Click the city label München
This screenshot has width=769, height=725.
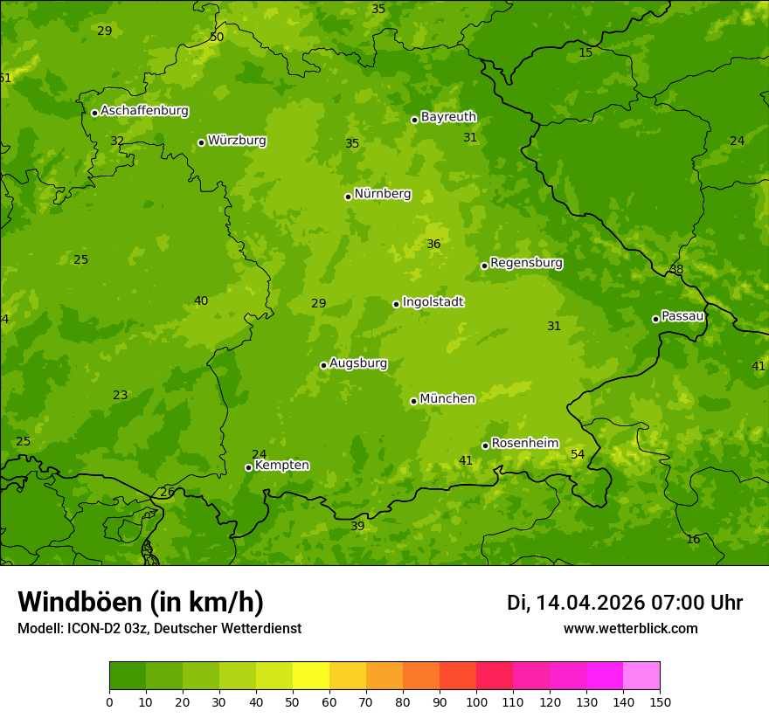[x=447, y=399]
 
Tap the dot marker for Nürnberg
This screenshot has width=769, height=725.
[x=348, y=197]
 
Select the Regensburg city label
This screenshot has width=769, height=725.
[x=526, y=263]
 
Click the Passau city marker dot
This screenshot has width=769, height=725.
[x=655, y=319]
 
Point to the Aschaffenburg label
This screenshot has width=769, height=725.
[x=144, y=111]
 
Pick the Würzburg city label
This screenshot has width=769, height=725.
[x=236, y=141]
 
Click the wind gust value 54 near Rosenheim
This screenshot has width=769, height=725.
[x=578, y=454]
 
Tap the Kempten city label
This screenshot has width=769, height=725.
[x=281, y=466]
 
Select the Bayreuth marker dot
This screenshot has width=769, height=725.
[x=414, y=120]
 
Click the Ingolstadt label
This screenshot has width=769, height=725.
[x=433, y=302]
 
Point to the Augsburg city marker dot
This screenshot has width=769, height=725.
[x=323, y=365]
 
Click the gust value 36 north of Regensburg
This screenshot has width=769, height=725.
[x=433, y=245]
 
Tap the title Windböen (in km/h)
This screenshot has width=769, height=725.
[x=141, y=602]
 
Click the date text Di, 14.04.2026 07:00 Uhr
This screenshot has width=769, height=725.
[x=625, y=603]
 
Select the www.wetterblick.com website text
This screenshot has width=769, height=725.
[x=630, y=629]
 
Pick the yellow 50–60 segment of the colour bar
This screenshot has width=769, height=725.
[x=311, y=675]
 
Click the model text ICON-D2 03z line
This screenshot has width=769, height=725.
[x=159, y=629]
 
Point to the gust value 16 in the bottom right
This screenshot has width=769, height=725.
[x=693, y=540]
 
